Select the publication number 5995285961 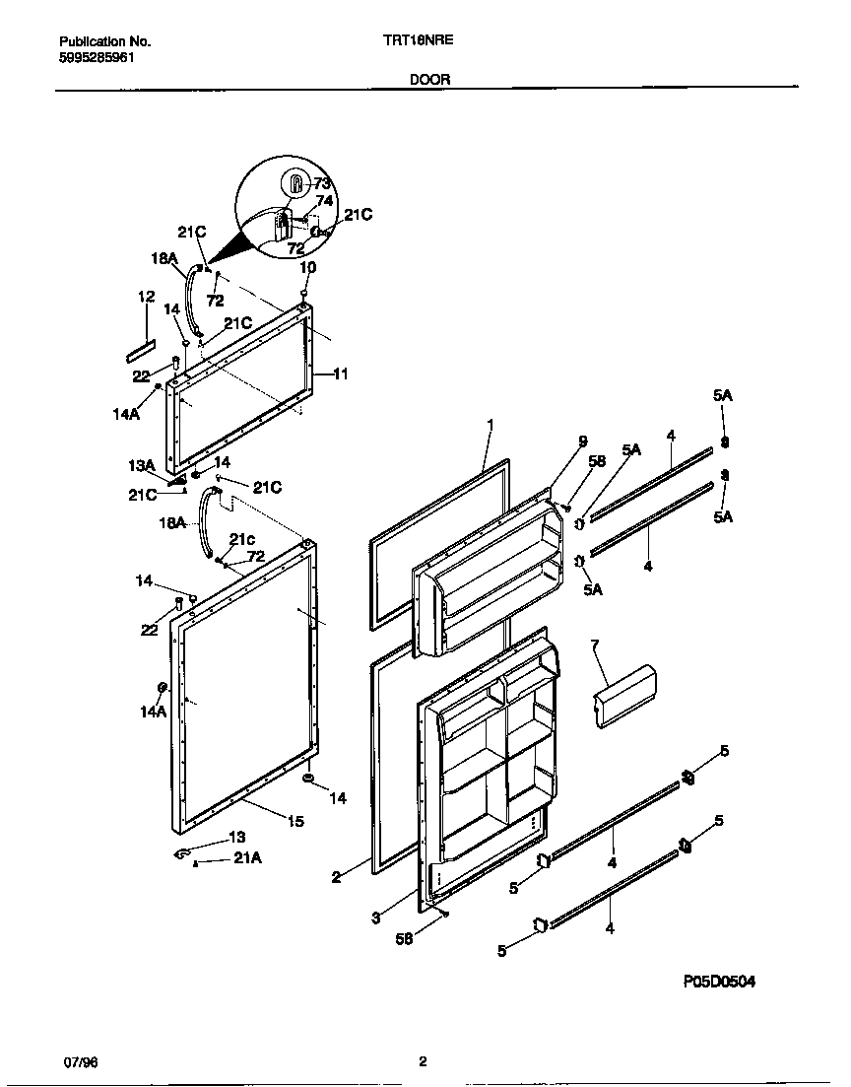pyautogui.click(x=97, y=58)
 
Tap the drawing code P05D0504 pyautogui.click(x=719, y=982)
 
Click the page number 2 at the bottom pyautogui.click(x=423, y=1061)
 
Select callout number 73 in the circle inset pyautogui.click(x=322, y=184)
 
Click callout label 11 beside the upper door pyautogui.click(x=340, y=374)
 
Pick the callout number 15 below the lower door pyautogui.click(x=295, y=821)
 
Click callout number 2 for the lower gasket pyautogui.click(x=336, y=876)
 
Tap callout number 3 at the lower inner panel pyautogui.click(x=376, y=917)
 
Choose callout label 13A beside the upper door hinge pyautogui.click(x=143, y=466)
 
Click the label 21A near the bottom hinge pyautogui.click(x=248, y=860)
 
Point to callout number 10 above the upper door pyautogui.click(x=307, y=267)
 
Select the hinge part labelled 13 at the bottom pyautogui.click(x=183, y=854)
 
